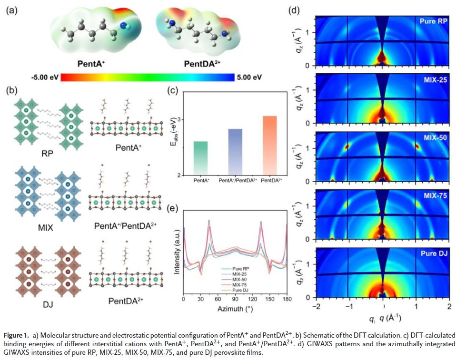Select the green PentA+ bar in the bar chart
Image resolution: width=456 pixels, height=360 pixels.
point(201,158)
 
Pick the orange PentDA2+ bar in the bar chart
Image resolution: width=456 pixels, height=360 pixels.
point(269,145)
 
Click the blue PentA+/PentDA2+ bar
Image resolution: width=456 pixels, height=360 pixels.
point(235,152)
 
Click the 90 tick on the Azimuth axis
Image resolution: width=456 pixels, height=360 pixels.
point(235,300)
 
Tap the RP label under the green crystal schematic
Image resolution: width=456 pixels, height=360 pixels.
point(47,154)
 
